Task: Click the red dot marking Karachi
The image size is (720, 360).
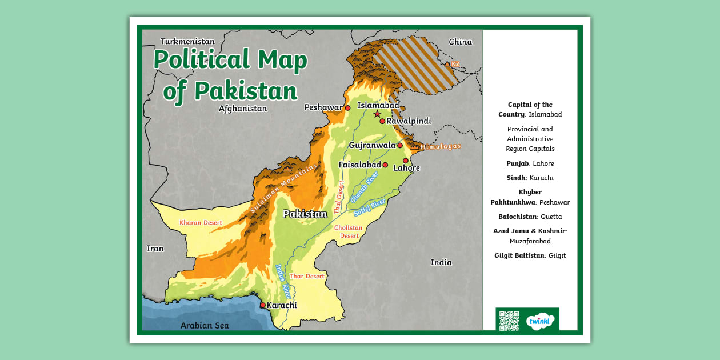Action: (263, 305)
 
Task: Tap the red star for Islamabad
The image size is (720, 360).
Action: (377, 114)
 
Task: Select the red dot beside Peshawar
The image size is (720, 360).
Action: (347, 107)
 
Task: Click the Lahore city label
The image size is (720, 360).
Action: (407, 169)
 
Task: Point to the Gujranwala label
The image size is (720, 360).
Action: (372, 145)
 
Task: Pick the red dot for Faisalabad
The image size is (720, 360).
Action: (385, 165)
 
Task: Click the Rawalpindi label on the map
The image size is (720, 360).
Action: (409, 121)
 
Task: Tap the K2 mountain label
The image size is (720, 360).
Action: (455, 65)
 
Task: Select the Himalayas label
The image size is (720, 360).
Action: (441, 147)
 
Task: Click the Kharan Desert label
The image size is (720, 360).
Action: (201, 222)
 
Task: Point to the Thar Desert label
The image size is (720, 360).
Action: (307, 277)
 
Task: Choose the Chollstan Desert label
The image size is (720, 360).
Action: (349, 231)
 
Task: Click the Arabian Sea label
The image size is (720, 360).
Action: (205, 326)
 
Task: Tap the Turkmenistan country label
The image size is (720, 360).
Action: (187, 42)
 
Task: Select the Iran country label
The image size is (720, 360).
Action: (155, 249)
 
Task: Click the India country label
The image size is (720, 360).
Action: (441, 263)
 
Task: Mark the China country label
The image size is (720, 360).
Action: (460, 42)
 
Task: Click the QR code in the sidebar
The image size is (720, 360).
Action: (509, 321)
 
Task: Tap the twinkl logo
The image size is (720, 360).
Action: (540, 321)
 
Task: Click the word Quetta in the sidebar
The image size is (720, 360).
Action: (551, 217)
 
